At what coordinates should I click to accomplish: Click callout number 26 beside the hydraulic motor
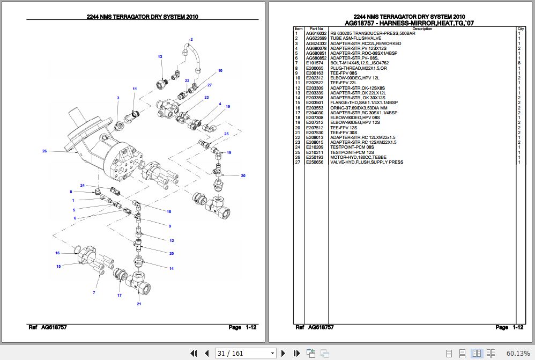point(45,151)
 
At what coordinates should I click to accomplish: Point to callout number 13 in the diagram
point(160,57)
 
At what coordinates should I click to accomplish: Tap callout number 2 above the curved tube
point(191,40)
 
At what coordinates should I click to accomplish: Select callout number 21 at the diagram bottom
point(139,304)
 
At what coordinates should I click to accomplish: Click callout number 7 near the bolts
point(94,292)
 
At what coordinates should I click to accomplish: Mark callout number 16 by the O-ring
point(57,253)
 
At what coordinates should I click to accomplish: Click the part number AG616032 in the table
point(316,33)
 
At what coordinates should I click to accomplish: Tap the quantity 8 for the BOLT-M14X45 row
point(519,63)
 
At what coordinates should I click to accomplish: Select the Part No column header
point(316,28)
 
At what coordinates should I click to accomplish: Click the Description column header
point(422,28)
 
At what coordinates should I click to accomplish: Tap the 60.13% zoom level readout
point(518,353)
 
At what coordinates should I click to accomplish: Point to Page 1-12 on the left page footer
point(242,327)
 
